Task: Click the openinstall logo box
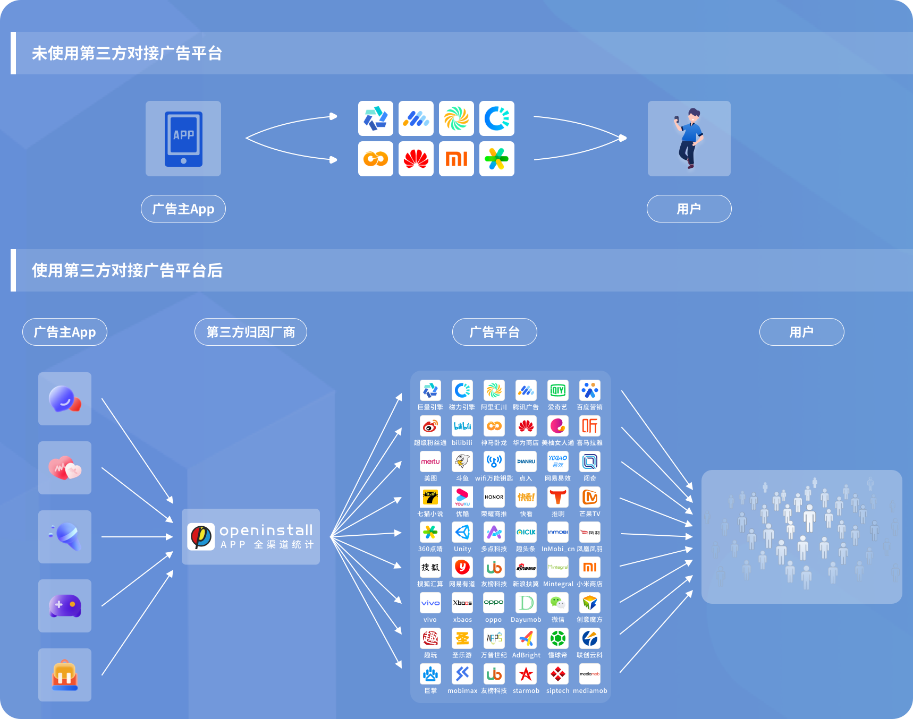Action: (x=250, y=536)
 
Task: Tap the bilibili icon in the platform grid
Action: (x=462, y=426)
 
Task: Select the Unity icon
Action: (x=462, y=532)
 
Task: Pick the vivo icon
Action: (x=430, y=603)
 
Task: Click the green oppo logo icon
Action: (x=494, y=603)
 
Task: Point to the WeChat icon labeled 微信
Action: (x=557, y=603)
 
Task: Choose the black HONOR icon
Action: (x=494, y=497)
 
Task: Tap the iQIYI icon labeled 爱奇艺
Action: (x=557, y=390)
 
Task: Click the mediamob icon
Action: (x=589, y=674)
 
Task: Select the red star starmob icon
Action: (x=526, y=674)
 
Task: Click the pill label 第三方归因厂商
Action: (x=250, y=332)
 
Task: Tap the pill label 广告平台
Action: (x=494, y=332)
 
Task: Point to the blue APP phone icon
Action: (x=183, y=139)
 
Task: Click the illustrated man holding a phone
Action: (x=689, y=138)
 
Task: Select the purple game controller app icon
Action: (x=65, y=606)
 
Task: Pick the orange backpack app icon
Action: (x=65, y=675)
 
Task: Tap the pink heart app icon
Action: (x=65, y=468)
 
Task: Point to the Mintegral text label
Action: (x=558, y=584)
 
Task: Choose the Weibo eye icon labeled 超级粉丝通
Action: (x=430, y=426)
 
